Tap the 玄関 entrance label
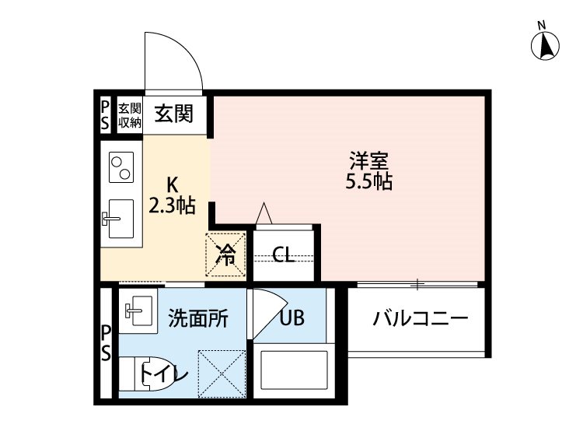point(173,114)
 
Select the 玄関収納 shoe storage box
point(129,114)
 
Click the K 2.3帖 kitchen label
point(172,196)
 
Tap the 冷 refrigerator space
point(225,254)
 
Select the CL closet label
point(284,255)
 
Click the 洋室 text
point(368,163)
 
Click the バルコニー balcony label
point(419,319)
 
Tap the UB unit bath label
point(291,317)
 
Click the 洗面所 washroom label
point(198,317)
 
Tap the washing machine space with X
point(222,373)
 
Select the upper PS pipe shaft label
point(106,114)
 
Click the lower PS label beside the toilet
point(106,343)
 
